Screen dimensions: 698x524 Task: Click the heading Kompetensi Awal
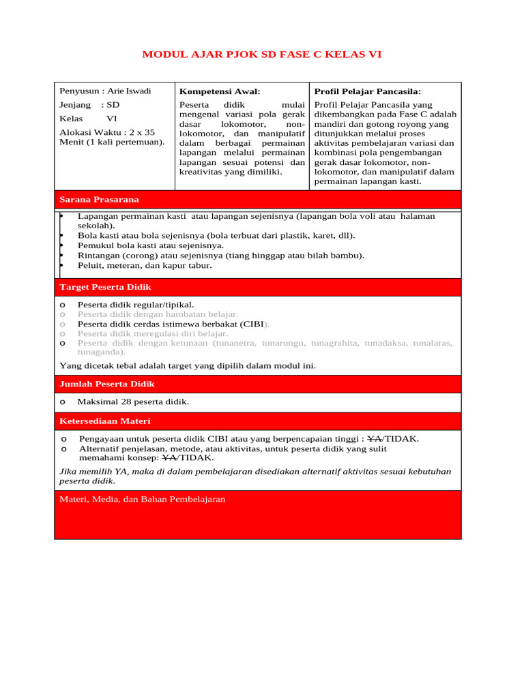219,91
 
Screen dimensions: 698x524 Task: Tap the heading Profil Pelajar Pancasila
367,91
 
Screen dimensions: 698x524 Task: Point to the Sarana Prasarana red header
99,200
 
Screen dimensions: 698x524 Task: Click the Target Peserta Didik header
105,288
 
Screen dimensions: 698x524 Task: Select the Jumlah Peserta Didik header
107,384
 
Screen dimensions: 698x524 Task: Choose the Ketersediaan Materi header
105,421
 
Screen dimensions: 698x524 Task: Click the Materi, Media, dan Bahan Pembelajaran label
142,500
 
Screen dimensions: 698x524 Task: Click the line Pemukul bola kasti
150,245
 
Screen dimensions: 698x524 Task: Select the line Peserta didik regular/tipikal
136,305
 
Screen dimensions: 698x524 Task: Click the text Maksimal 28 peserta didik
133,402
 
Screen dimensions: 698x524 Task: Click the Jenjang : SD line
89,105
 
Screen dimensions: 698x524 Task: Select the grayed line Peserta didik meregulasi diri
153,334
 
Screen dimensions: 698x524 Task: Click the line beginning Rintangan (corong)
220,256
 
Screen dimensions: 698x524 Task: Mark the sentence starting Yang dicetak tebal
188,366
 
